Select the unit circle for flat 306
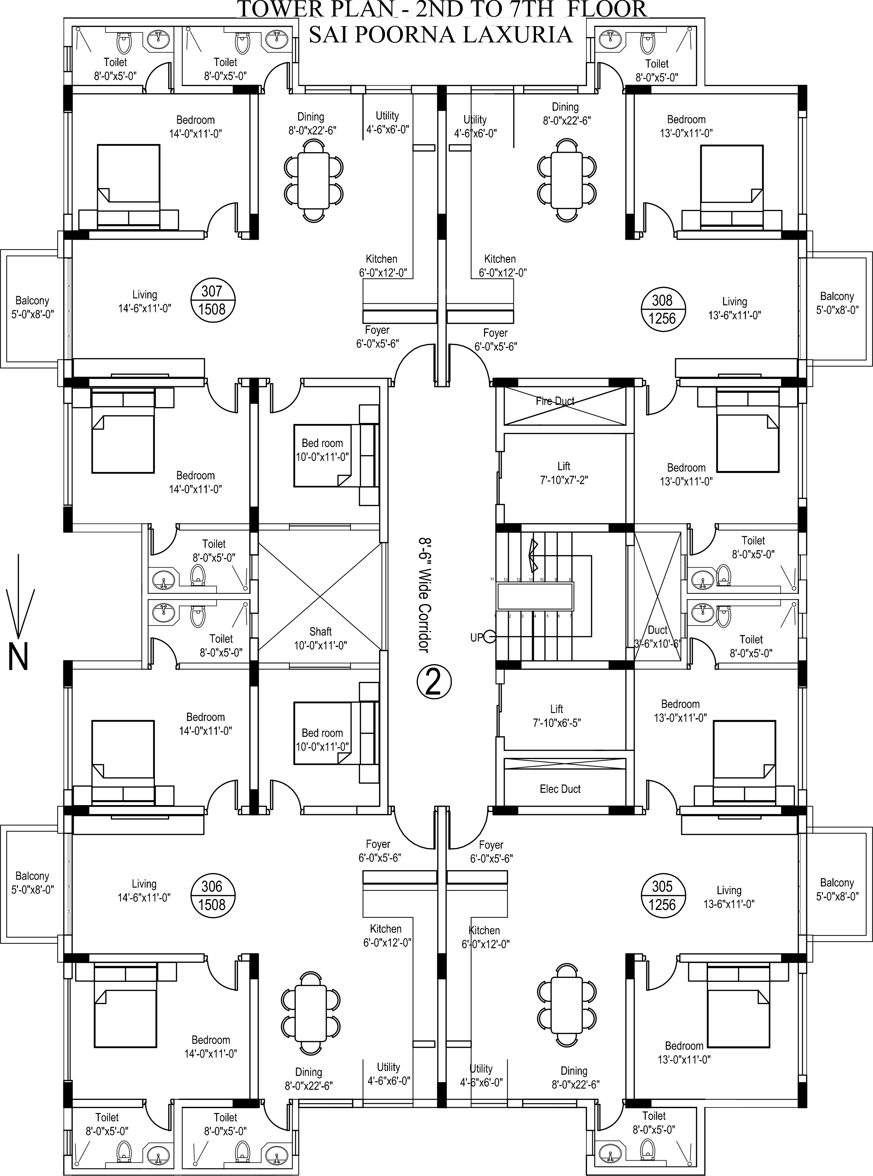(212, 896)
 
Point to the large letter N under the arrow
(18, 657)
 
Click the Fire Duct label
(555, 401)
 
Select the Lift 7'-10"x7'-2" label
(564, 473)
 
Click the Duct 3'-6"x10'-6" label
(658, 636)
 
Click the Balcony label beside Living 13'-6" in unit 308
(837, 303)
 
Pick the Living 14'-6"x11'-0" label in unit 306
(144, 890)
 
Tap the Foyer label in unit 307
(377, 336)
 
